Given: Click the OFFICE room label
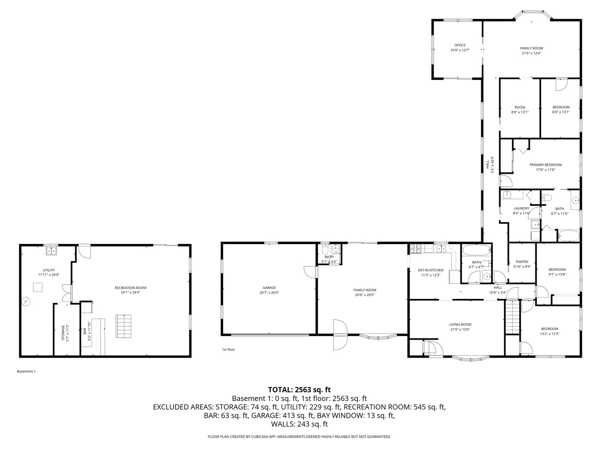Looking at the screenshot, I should click(x=460, y=45).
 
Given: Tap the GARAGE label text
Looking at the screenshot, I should click(x=269, y=288).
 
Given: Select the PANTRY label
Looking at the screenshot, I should click(x=522, y=262).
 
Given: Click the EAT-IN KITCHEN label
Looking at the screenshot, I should click(x=431, y=270).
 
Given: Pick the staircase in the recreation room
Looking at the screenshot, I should click(x=124, y=326).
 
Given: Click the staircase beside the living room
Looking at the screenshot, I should click(x=512, y=316).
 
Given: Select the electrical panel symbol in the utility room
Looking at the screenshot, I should click(x=26, y=301).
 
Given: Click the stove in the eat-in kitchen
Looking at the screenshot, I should click(x=415, y=249).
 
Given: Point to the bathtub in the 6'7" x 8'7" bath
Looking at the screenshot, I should click(x=476, y=251).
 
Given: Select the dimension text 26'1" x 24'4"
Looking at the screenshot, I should click(x=131, y=293).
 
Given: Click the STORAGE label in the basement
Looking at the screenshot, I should click(x=63, y=333).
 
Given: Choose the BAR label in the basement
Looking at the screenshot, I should click(x=85, y=331).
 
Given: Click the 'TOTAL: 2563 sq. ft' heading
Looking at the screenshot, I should click(x=299, y=390).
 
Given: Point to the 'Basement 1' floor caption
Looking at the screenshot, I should click(x=26, y=371).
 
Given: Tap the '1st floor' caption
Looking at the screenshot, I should click(x=228, y=350).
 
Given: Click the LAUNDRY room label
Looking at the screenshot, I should click(x=521, y=208).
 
